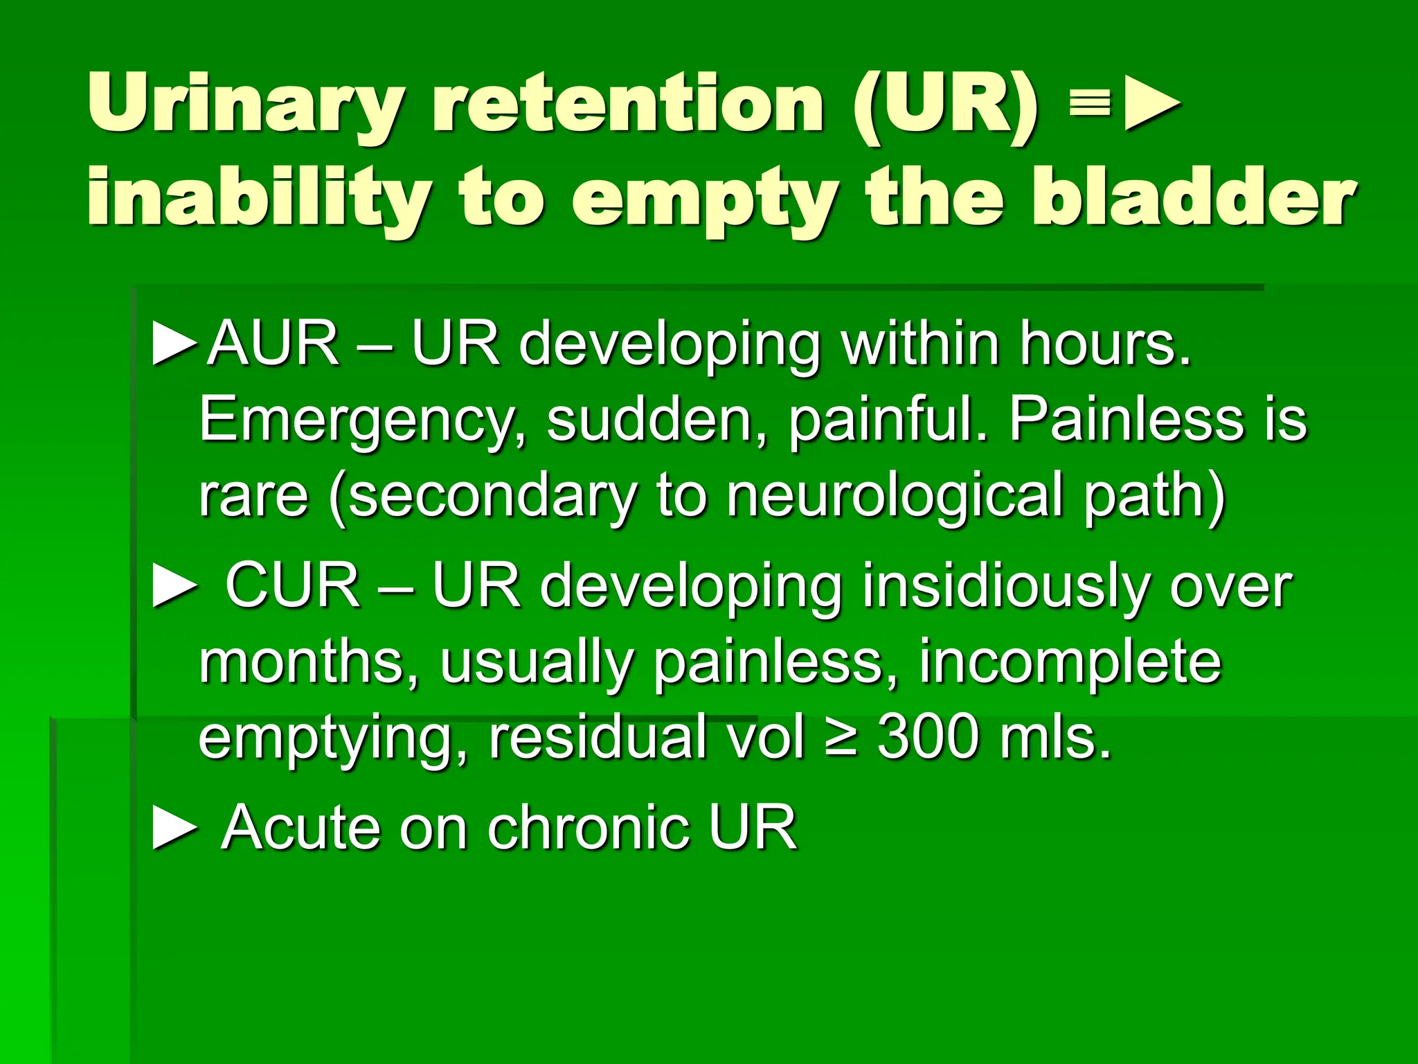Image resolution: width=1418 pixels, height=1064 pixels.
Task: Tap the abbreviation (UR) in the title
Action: [x=946, y=105]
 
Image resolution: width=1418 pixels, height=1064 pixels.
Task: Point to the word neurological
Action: [x=894, y=497]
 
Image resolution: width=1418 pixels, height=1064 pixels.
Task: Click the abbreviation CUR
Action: [x=291, y=586]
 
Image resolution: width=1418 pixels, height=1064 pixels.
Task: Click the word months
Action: [x=308, y=662]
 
